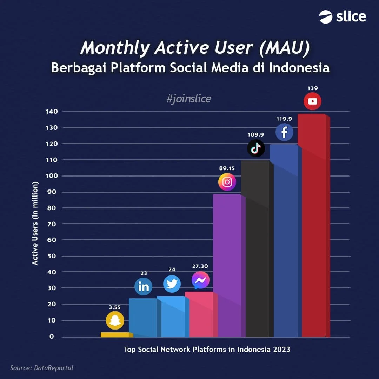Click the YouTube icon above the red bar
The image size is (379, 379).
pyautogui.click(x=312, y=101)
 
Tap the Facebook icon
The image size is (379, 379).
pyautogui.click(x=284, y=132)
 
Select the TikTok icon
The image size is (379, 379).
pyautogui.click(x=256, y=148)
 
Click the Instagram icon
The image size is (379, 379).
pyautogui.click(x=227, y=182)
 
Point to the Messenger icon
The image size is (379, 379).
pyautogui.click(x=200, y=280)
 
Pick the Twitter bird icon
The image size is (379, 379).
pyautogui.click(x=172, y=284)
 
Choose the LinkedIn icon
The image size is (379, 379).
pyautogui.click(x=144, y=287)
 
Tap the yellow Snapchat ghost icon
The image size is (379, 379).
pyautogui.click(x=115, y=320)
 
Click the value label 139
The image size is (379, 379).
pyautogui.click(x=312, y=88)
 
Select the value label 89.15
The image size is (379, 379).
pyautogui.click(x=227, y=168)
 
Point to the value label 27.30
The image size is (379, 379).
pyautogui.click(x=200, y=266)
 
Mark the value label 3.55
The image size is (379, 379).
pyautogui.click(x=115, y=307)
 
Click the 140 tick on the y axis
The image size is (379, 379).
pyautogui.click(x=51, y=112)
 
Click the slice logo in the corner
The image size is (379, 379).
pyautogui.click(x=343, y=17)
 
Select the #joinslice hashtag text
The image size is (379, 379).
pyautogui.click(x=189, y=99)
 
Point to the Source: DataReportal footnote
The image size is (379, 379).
pyautogui.click(x=42, y=368)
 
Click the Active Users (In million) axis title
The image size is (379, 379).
pyautogui.click(x=35, y=224)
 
